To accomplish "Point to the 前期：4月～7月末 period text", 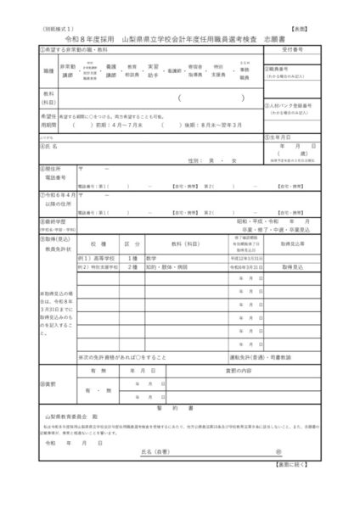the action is (114, 121).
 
